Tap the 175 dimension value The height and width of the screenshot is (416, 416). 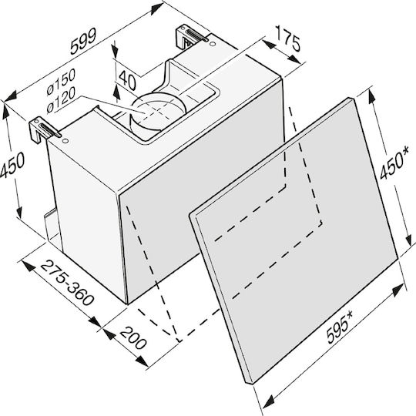[288, 39]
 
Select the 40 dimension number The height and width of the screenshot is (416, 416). [128, 79]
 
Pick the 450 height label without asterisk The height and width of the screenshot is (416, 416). [12, 165]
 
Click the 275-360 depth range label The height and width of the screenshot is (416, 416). [68, 283]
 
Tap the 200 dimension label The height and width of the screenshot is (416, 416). [133, 338]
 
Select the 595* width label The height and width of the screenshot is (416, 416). [340, 327]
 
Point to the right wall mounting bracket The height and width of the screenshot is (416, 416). [192, 37]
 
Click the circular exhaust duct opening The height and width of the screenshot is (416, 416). [157, 112]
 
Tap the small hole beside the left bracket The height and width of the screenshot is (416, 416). [65, 141]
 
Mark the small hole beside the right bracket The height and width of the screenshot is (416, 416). [212, 43]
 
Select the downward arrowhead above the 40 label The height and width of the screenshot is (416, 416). [115, 52]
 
